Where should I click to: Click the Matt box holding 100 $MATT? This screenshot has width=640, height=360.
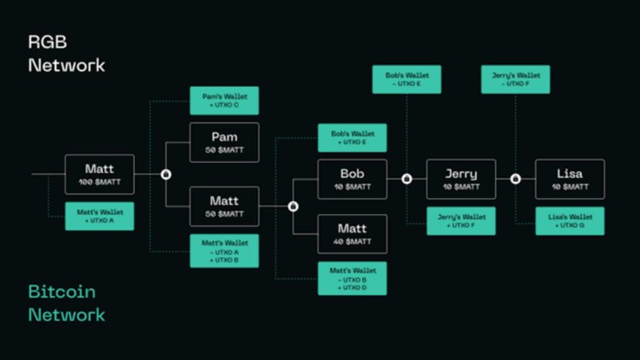click(100, 174)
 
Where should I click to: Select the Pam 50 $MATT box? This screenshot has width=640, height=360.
click(224, 142)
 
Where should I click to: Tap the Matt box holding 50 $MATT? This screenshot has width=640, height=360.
click(224, 206)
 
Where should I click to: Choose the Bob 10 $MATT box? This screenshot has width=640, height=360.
click(352, 179)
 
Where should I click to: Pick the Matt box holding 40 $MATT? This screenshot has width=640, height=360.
click(352, 234)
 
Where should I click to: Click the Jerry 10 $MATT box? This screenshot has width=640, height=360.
click(461, 179)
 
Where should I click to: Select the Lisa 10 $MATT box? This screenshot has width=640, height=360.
click(569, 179)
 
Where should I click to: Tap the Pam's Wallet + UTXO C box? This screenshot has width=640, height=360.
click(224, 101)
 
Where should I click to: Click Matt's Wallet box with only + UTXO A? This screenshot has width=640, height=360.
click(100, 216)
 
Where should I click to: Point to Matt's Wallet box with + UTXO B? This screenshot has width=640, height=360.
click(224, 251)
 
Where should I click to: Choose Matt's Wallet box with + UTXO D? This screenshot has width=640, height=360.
click(352, 278)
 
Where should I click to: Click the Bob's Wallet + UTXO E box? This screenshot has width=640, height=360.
click(352, 138)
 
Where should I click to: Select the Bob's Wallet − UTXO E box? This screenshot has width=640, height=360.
click(407, 79)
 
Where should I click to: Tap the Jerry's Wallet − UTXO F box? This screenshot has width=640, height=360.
click(515, 79)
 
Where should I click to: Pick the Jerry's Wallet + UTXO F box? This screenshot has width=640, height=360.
click(461, 221)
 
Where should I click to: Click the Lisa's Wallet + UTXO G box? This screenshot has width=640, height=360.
click(569, 221)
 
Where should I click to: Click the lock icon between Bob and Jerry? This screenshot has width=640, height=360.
click(407, 179)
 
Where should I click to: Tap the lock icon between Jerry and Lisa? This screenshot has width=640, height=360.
click(515, 179)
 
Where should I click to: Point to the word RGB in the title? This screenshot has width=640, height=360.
click(48, 41)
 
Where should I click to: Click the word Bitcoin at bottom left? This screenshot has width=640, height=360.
click(62, 292)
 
